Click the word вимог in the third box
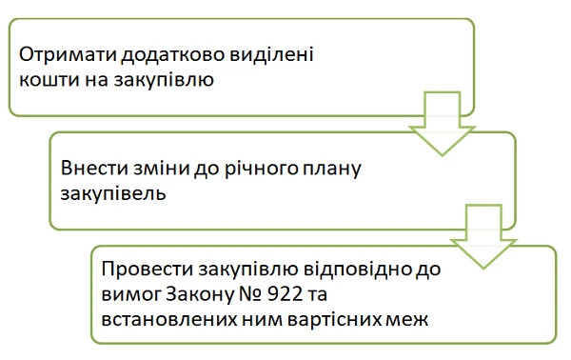click(128, 291)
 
